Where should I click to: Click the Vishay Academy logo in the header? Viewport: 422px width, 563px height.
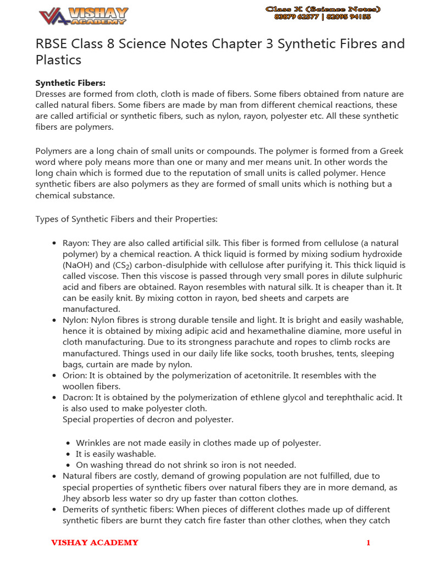tap(84, 16)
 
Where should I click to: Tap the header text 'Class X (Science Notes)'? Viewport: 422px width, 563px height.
tap(323, 9)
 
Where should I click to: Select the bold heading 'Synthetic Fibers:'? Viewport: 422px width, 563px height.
tap(70, 83)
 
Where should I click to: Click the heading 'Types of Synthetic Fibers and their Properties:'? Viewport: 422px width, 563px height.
tap(126, 219)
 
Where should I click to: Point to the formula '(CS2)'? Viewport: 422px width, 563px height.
tap(125, 265)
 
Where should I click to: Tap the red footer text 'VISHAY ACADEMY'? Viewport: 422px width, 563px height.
tap(95, 543)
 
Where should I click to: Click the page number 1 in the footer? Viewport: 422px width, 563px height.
tap(368, 543)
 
